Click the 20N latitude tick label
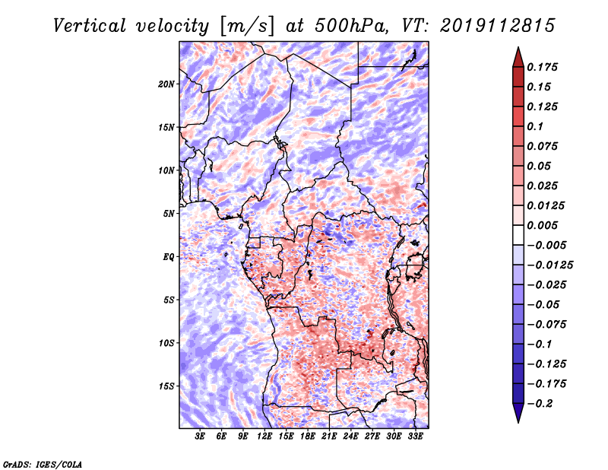tap(166, 84)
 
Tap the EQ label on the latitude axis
tap(169, 257)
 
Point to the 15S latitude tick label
tap(166, 386)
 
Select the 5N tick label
tap(169, 214)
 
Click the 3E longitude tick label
tap(200, 436)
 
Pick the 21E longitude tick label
tap(329, 436)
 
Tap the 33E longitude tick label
tap(415, 436)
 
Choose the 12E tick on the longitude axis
tap(264, 436)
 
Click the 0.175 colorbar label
tap(542, 67)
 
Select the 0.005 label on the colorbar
tap(542, 225)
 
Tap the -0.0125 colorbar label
tap(549, 265)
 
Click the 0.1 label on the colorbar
tap(535, 126)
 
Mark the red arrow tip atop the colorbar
tap(518, 47)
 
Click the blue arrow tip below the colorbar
tap(518, 422)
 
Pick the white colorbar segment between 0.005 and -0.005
tap(518, 235)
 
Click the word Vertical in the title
tap(90, 26)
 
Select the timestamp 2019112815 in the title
tap(498, 26)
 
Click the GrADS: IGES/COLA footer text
tap(43, 464)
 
